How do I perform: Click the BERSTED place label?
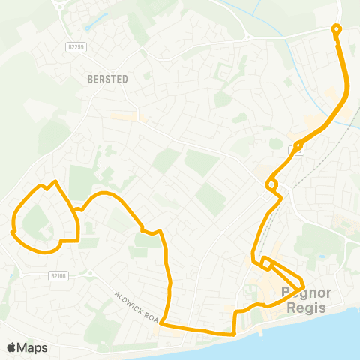pos(108,79)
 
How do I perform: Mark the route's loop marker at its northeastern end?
pos(336,30)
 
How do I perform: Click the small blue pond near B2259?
pos(89,27)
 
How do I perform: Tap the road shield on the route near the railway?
pos(298,148)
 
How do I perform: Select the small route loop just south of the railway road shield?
pos(271,184)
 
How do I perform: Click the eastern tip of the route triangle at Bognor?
pos(302,286)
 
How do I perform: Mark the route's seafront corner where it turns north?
pos(235,332)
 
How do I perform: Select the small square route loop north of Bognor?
pos(265,262)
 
